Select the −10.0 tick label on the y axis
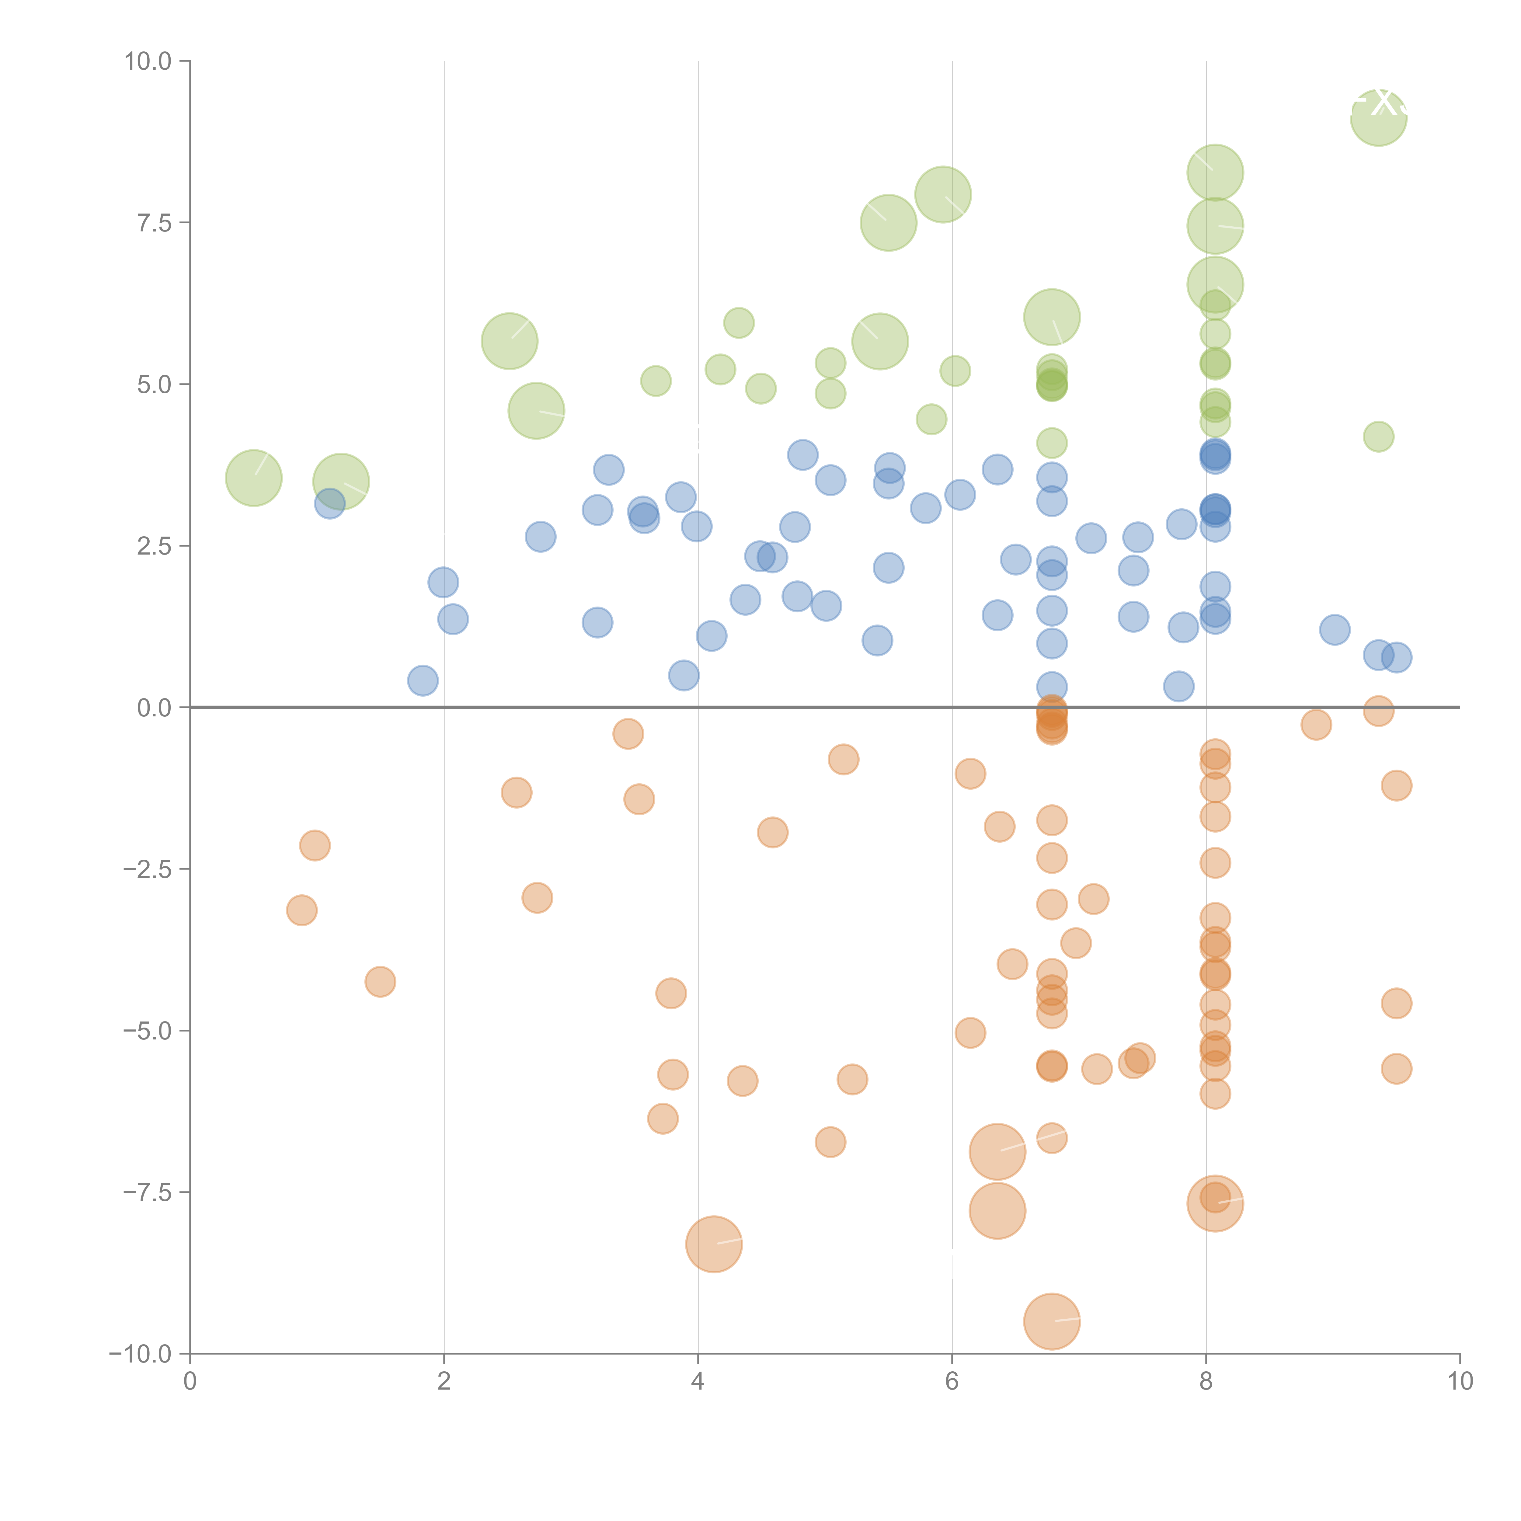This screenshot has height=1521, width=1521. pyautogui.click(x=140, y=1354)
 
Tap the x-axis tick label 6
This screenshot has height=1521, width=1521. pyautogui.click(x=952, y=1382)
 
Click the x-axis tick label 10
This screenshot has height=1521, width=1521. pyautogui.click(x=1460, y=1382)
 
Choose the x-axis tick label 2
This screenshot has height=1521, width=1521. pyautogui.click(x=444, y=1382)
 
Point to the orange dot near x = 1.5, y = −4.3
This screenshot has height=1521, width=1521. pyautogui.click(x=380, y=982)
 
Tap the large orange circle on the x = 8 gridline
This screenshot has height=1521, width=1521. pyautogui.click(x=1215, y=1203)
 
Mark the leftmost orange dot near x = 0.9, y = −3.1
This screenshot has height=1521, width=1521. pyautogui.click(x=301, y=911)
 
